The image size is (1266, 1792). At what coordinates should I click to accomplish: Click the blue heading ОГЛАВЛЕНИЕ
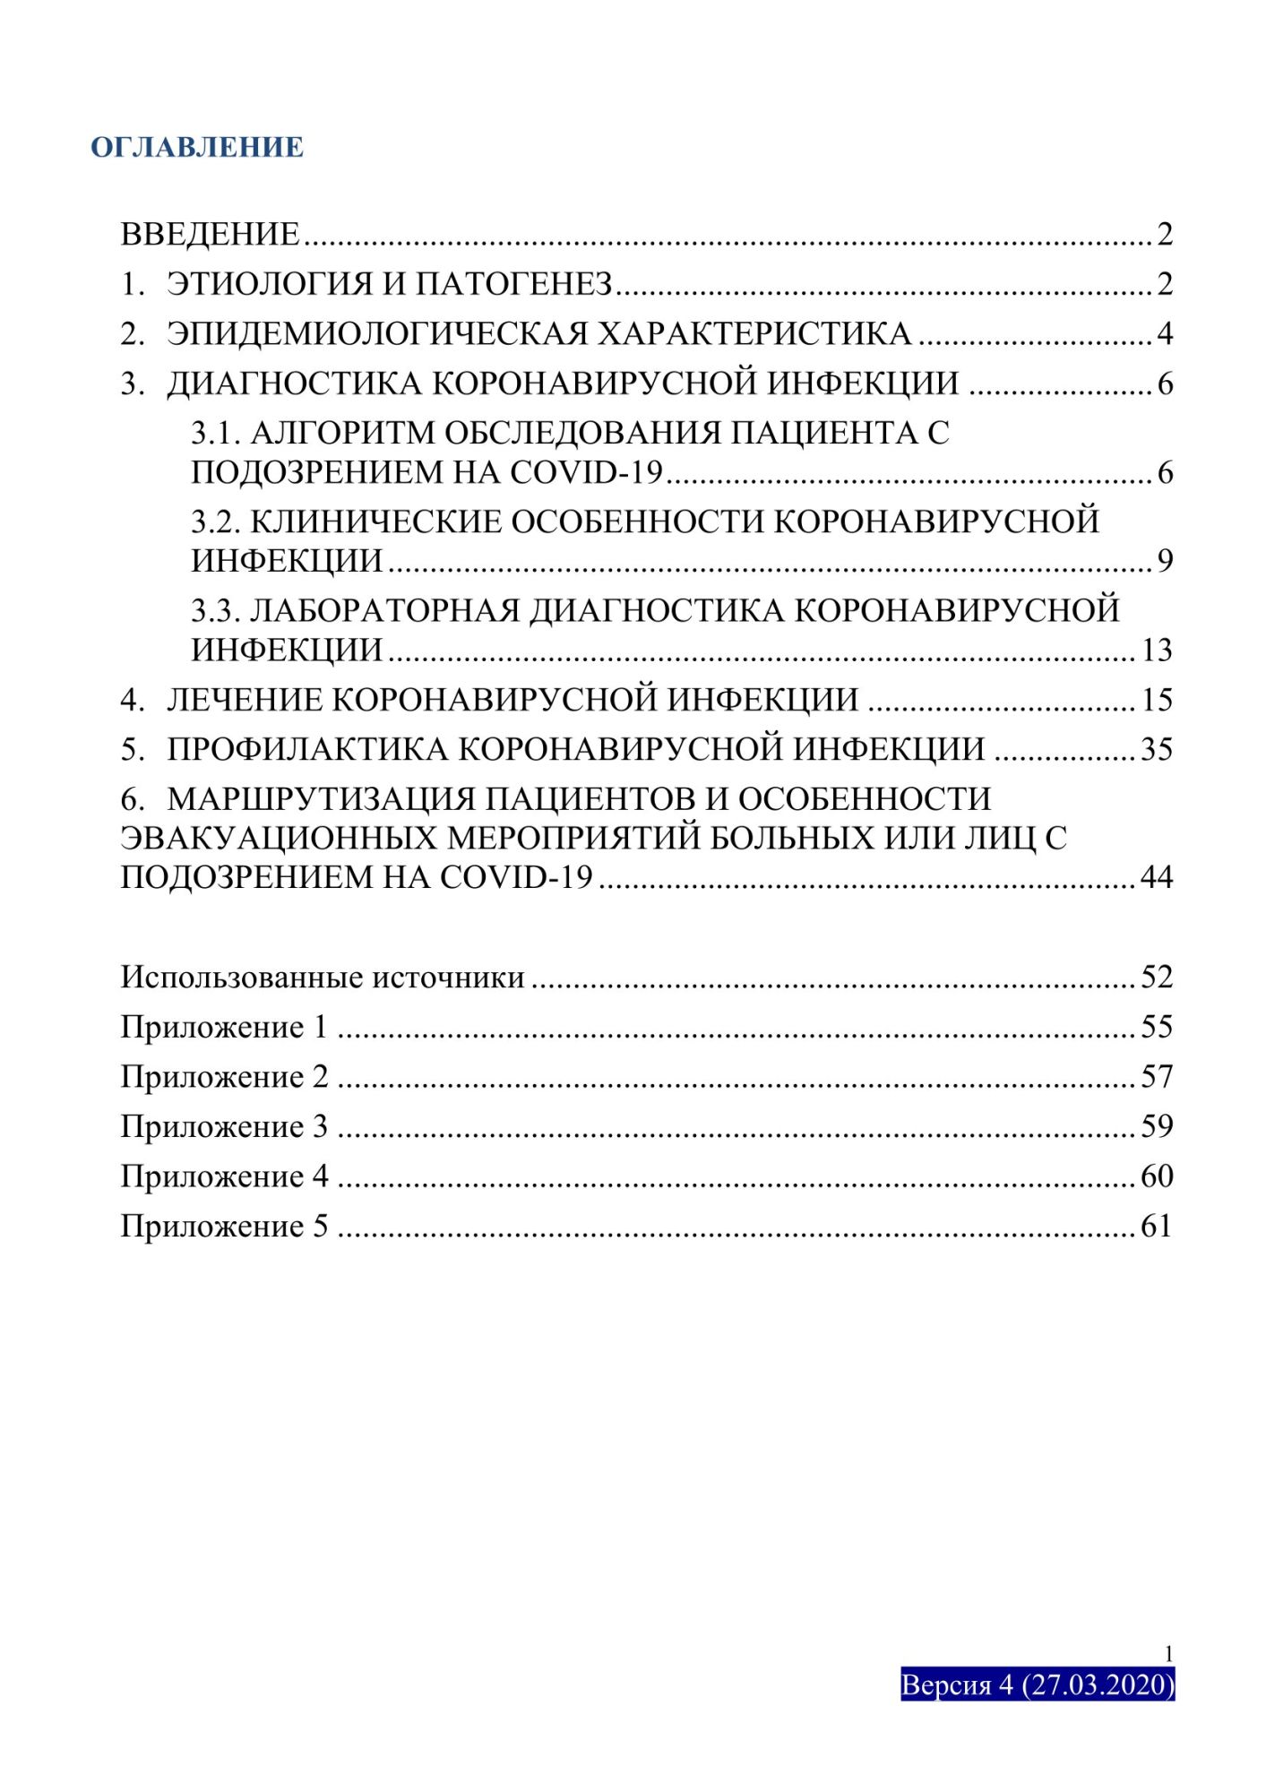pyautogui.click(x=197, y=147)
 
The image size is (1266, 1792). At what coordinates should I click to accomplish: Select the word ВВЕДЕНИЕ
pyautogui.click(x=210, y=235)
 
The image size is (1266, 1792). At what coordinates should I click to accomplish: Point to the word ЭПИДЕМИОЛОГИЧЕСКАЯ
pyautogui.click(x=376, y=333)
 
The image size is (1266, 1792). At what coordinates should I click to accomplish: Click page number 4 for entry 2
pyautogui.click(x=1164, y=334)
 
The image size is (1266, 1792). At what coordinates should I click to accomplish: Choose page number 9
pyautogui.click(x=1164, y=561)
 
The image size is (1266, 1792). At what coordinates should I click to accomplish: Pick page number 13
pyautogui.click(x=1156, y=650)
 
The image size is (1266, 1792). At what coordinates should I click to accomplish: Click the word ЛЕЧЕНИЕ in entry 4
pyautogui.click(x=244, y=700)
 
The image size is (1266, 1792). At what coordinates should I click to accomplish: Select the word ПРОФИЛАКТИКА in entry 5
pyautogui.click(x=306, y=749)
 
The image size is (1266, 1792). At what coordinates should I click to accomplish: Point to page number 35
pyautogui.click(x=1156, y=749)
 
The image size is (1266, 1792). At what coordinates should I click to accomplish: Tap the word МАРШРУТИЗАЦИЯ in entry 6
pyautogui.click(x=321, y=798)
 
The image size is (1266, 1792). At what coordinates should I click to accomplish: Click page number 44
pyautogui.click(x=1156, y=877)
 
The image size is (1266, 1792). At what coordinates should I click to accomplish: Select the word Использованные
pyautogui.click(x=242, y=978)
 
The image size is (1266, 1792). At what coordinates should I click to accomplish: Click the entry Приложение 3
pyautogui.click(x=224, y=1126)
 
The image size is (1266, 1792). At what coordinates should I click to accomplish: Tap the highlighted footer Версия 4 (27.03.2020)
pyautogui.click(x=1037, y=1684)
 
